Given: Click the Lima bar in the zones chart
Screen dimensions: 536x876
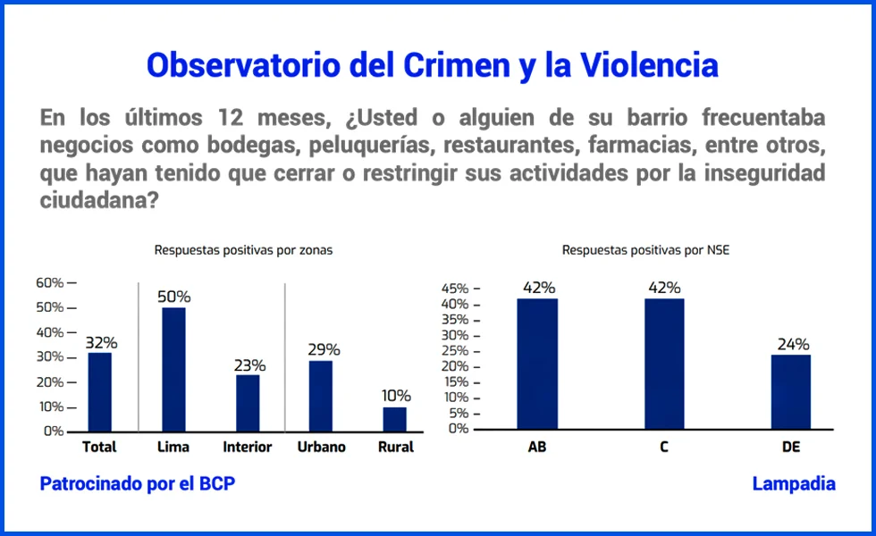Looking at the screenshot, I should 173,369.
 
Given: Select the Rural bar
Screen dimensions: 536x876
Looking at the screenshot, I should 395,419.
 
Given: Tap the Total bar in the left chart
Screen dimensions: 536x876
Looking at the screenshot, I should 100,391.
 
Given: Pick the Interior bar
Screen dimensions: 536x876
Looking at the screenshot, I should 248,403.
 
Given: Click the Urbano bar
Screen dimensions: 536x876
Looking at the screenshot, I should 321,396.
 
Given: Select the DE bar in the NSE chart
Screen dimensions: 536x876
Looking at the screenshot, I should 790,391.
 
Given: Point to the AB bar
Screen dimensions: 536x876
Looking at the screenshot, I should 537,364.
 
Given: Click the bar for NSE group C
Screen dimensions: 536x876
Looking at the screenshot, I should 664,364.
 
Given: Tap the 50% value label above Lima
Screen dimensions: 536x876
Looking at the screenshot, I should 173,297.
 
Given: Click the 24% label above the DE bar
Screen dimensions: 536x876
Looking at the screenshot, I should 793,344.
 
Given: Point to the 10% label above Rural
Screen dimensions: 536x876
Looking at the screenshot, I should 395,396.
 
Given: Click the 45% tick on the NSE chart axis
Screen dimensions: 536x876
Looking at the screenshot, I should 458,289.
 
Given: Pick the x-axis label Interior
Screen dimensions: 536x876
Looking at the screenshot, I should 248,447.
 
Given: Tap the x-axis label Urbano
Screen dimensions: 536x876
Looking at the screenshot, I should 321,447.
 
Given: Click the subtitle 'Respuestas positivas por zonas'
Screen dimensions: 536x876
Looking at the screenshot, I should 243,250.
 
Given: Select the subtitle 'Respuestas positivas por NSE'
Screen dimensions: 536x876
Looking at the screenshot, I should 645,250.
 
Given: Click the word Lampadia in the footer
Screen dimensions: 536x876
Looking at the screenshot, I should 794,483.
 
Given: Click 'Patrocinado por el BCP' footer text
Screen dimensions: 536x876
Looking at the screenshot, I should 138,483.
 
